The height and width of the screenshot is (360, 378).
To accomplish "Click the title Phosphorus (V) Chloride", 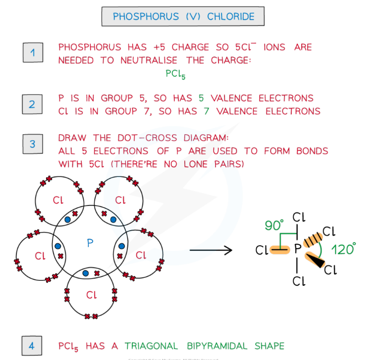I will pos(183,17).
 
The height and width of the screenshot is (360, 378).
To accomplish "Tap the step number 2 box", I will pos(33,104).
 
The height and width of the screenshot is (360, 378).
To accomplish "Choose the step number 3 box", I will pos(33,144).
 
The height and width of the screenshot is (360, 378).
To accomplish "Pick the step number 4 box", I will pos(33,345).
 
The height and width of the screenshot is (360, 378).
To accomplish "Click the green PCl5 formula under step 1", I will pos(175,75).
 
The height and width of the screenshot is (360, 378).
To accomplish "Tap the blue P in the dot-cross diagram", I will pos(90,243).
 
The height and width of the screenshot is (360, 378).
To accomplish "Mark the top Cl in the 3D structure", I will pos(299,217).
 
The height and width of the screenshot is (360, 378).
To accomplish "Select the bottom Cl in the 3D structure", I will pos(299,282).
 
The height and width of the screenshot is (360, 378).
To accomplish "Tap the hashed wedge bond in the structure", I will pos(312,240).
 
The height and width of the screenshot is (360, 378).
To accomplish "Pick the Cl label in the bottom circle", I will pos(91,295).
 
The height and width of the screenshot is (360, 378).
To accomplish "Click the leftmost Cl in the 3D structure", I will pos(262,251).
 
